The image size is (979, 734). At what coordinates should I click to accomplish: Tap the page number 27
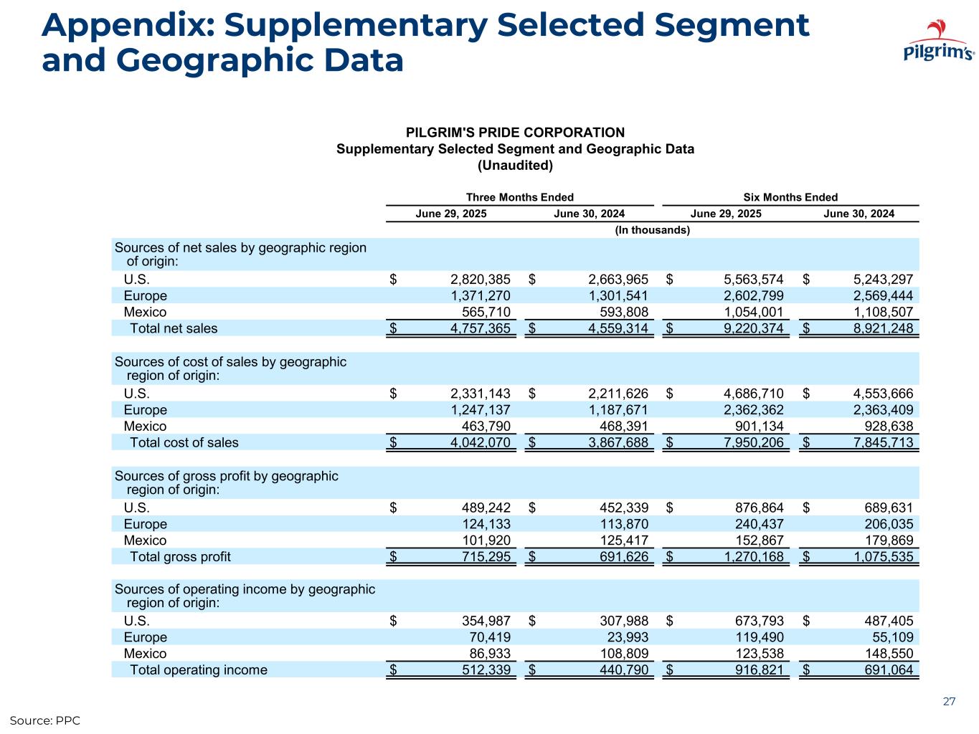pyautogui.click(x=949, y=702)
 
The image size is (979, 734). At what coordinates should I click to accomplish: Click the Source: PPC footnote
pyautogui.click(x=44, y=720)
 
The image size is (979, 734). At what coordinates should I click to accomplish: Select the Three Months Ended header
pyautogui.click(x=519, y=197)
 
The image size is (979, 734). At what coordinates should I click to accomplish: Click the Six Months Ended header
pyautogui.click(x=790, y=197)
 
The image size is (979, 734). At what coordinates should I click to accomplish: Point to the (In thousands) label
pyautogui.click(x=653, y=230)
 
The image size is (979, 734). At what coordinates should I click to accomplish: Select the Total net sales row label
pyautogui.click(x=173, y=328)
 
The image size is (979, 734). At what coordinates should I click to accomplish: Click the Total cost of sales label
pyautogui.click(x=184, y=442)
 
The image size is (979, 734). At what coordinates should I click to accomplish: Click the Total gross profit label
pyautogui.click(x=180, y=556)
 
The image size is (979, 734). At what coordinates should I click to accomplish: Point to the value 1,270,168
pyautogui.click(x=747, y=556)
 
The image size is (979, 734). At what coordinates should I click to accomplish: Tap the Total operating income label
pyautogui.click(x=198, y=669)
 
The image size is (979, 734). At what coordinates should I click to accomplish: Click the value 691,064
pyautogui.click(x=888, y=669)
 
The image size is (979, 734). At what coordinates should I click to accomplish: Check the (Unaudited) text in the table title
pyautogui.click(x=515, y=166)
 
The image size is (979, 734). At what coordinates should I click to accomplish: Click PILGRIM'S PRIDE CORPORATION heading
pyautogui.click(x=515, y=133)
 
